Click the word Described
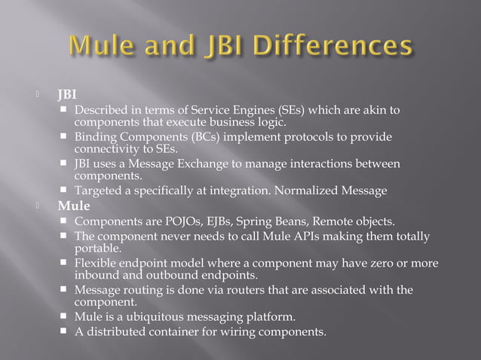click(x=100, y=111)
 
